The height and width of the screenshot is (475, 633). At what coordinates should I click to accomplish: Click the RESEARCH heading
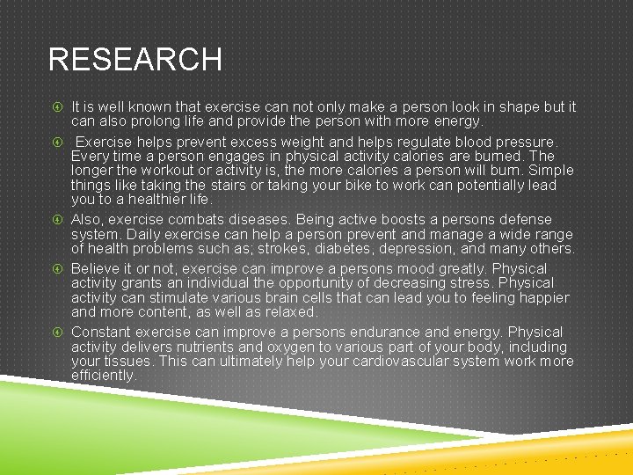[135, 60]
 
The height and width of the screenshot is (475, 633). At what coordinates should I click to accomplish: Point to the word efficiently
[103, 376]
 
